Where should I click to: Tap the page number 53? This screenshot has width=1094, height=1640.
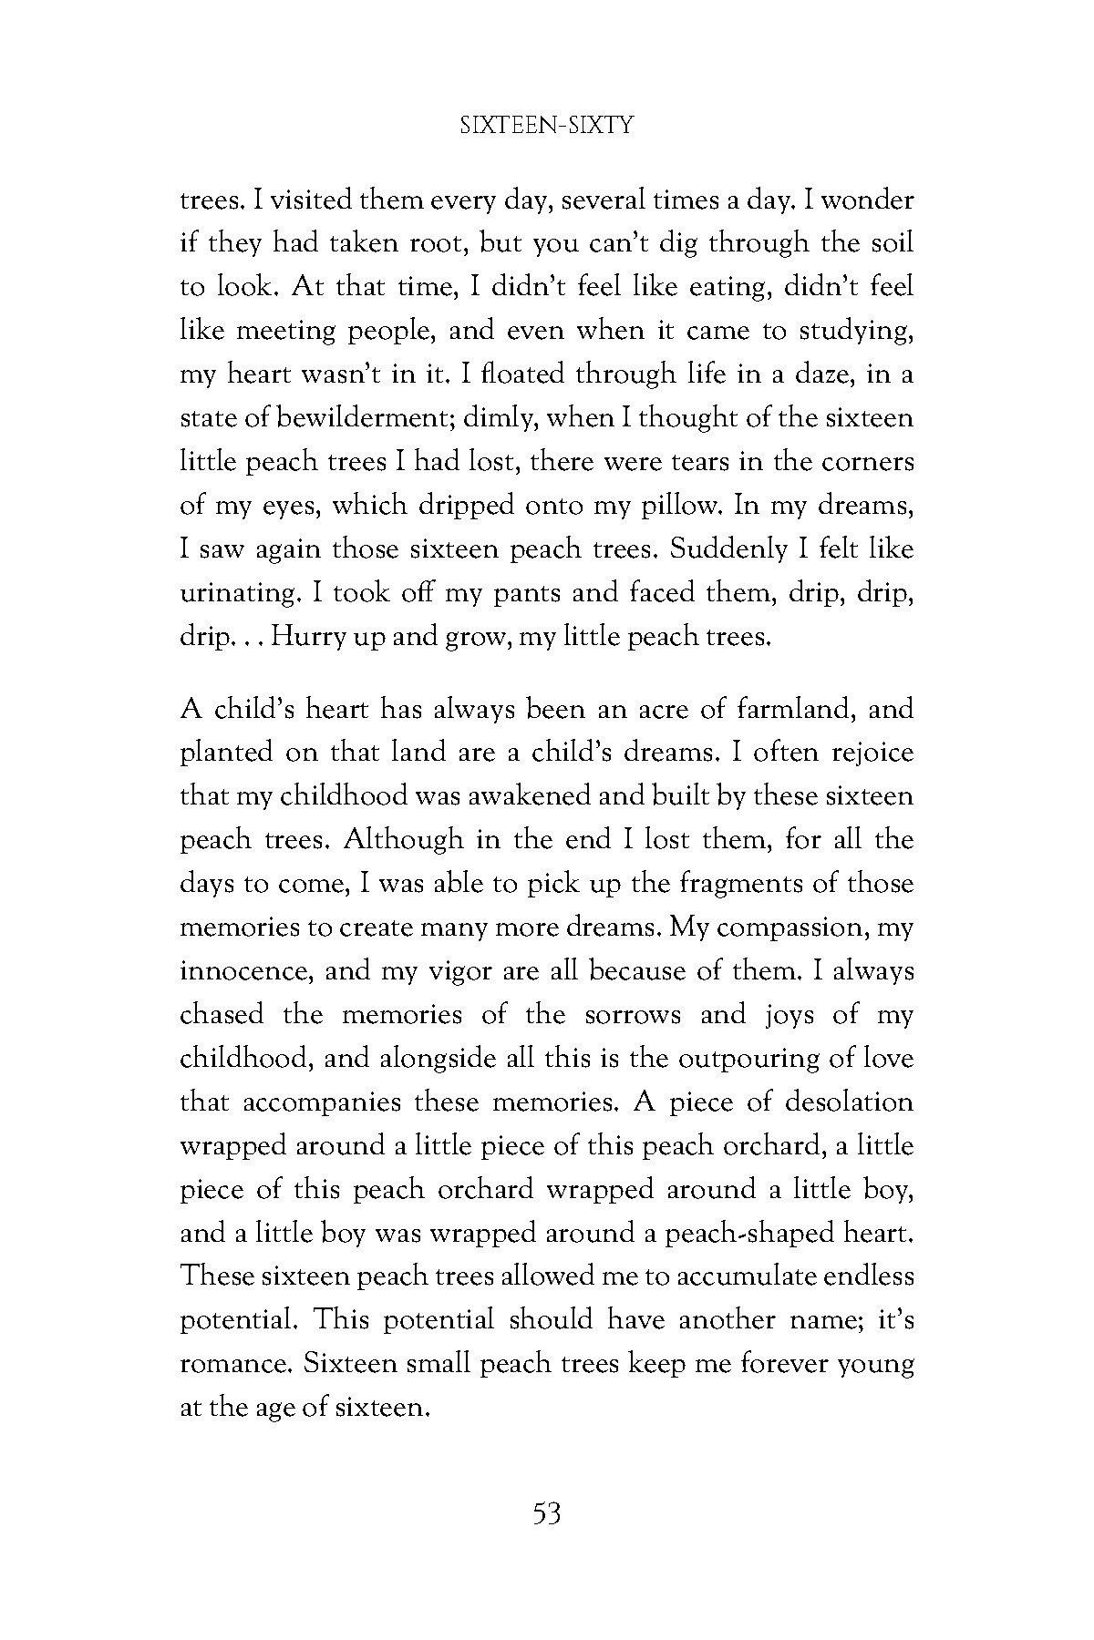click(x=546, y=1515)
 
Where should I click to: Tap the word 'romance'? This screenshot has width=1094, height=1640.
click(x=236, y=1365)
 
